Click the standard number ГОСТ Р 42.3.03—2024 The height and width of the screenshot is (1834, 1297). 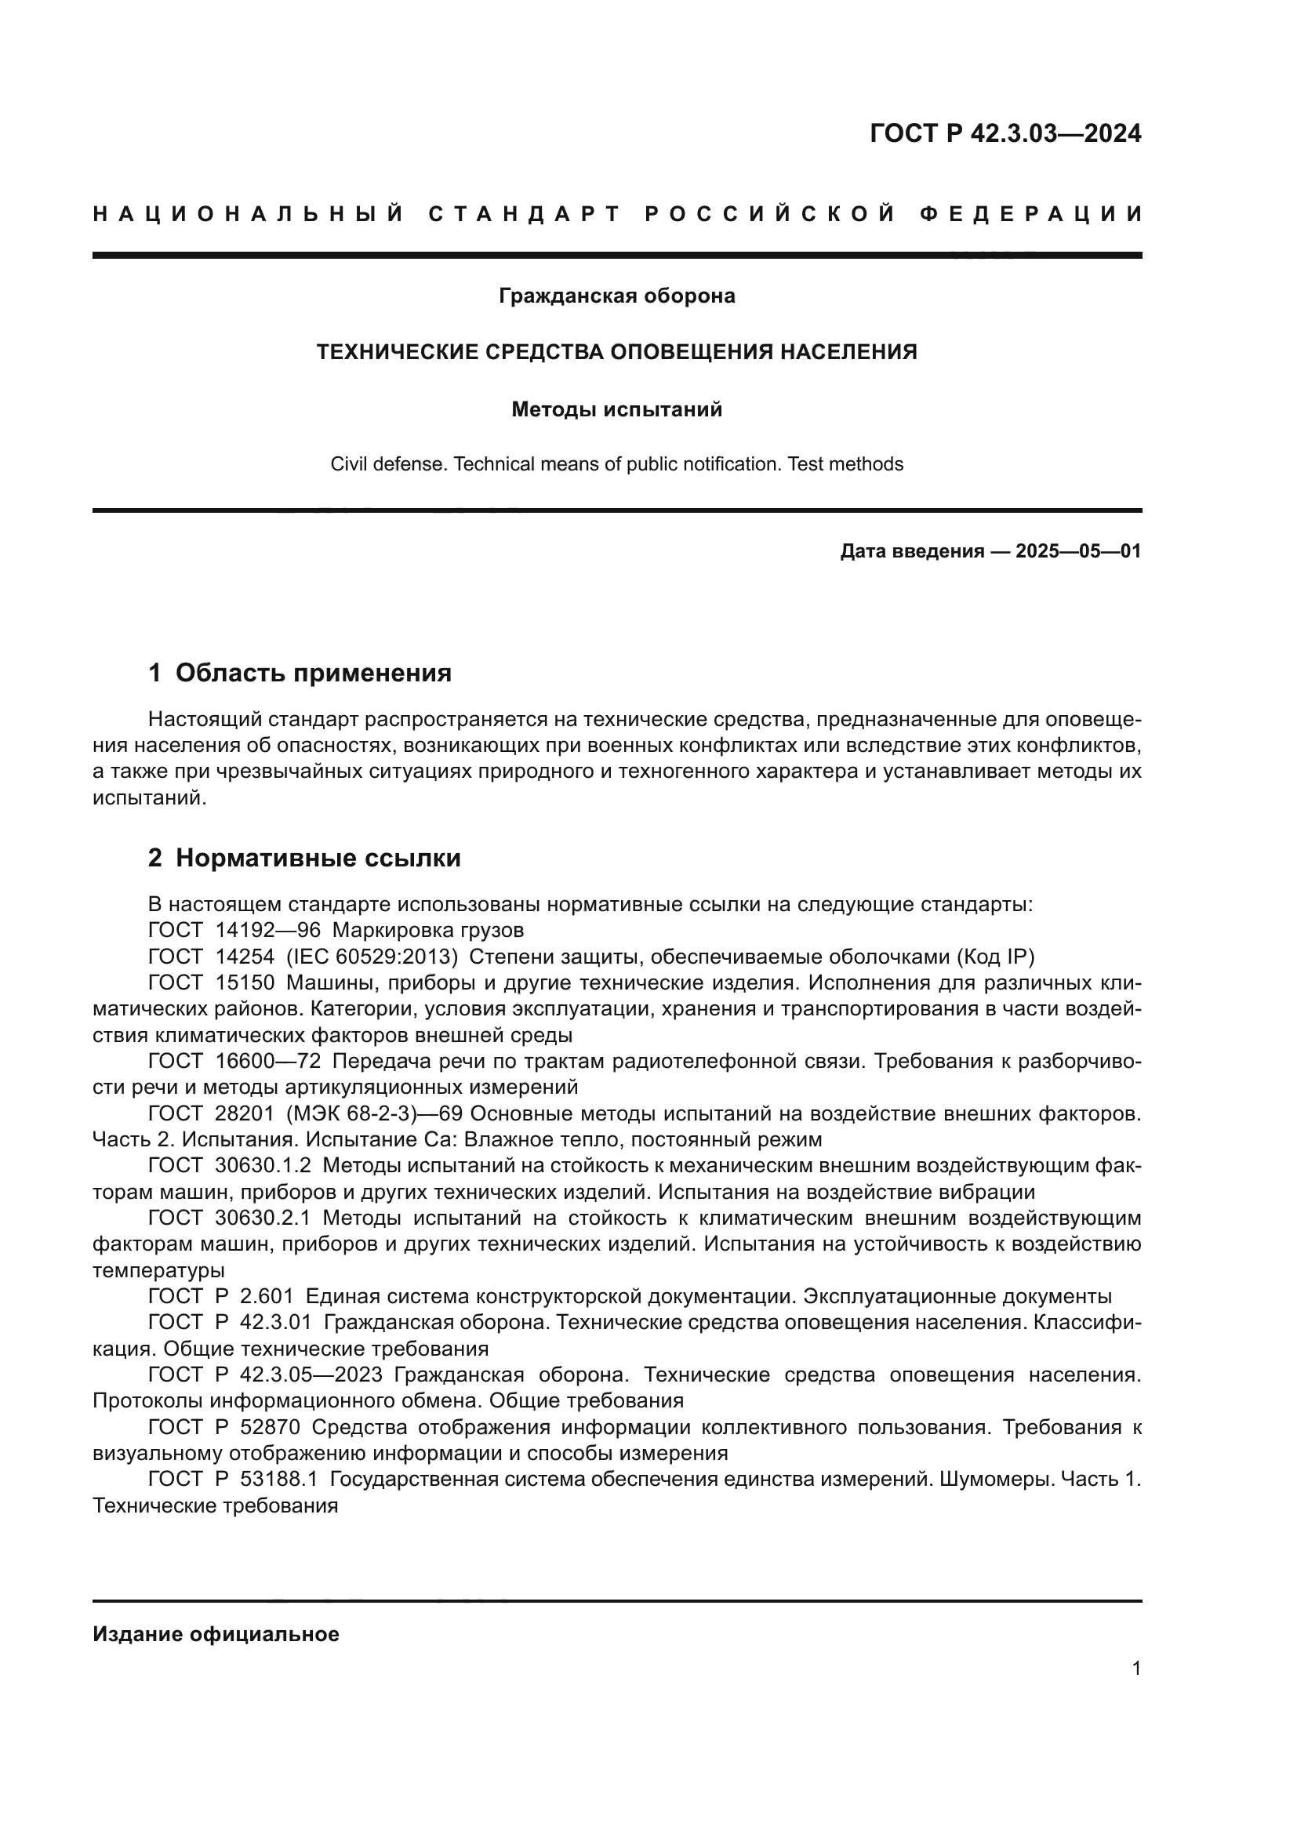pyautogui.click(x=1005, y=133)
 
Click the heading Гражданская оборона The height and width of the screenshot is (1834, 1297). pyautogui.click(x=616, y=296)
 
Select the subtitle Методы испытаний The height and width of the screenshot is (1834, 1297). pyautogui.click(x=616, y=410)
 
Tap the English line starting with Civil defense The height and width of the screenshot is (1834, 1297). pyautogui.click(x=616, y=464)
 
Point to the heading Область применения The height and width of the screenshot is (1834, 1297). pyautogui.click(x=313, y=673)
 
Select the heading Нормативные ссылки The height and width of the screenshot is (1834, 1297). pyautogui.click(x=318, y=858)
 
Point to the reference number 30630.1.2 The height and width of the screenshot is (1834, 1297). pyautogui.click(x=263, y=1167)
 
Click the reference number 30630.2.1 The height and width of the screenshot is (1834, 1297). pyautogui.click(x=263, y=1219)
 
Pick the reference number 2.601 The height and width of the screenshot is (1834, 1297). pyautogui.click(x=267, y=1297)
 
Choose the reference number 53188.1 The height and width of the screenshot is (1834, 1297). pyautogui.click(x=278, y=1480)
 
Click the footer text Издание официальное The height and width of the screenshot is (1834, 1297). pyautogui.click(x=216, y=1634)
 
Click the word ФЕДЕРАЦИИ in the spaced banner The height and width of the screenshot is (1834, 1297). pyautogui.click(x=1032, y=214)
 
